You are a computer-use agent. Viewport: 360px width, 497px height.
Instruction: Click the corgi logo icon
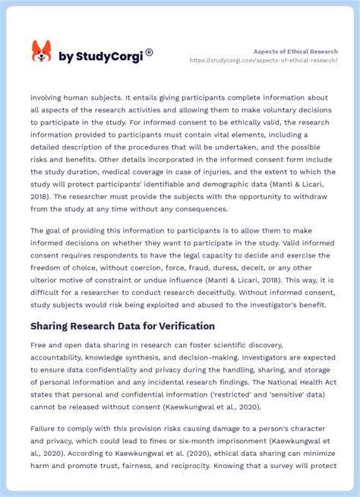(41, 52)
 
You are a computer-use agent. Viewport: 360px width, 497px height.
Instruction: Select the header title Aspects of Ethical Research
(295, 51)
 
